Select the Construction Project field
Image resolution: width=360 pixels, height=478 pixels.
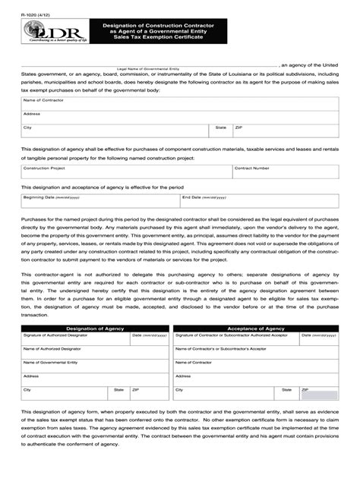pos(126,172)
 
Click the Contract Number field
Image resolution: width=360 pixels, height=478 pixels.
pos(286,172)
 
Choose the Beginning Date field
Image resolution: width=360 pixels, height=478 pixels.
pos(99,201)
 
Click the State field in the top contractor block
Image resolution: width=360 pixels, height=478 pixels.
pos(222,132)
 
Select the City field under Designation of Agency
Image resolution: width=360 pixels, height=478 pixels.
pos(65,394)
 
